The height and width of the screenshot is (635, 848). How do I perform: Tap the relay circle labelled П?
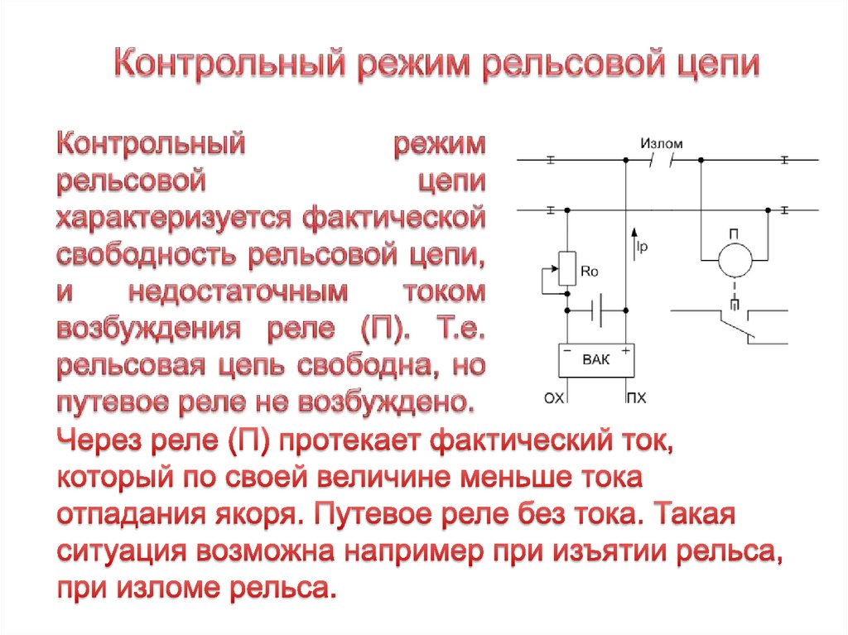pyautogui.click(x=734, y=259)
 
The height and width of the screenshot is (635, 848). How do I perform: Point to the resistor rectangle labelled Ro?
pyautogui.click(x=567, y=268)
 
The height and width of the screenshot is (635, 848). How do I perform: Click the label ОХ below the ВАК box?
pyautogui.click(x=553, y=399)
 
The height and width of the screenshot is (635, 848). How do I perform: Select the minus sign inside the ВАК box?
pyautogui.click(x=568, y=351)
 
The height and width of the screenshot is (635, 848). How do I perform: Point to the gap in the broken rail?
pyautogui.click(x=662, y=160)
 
